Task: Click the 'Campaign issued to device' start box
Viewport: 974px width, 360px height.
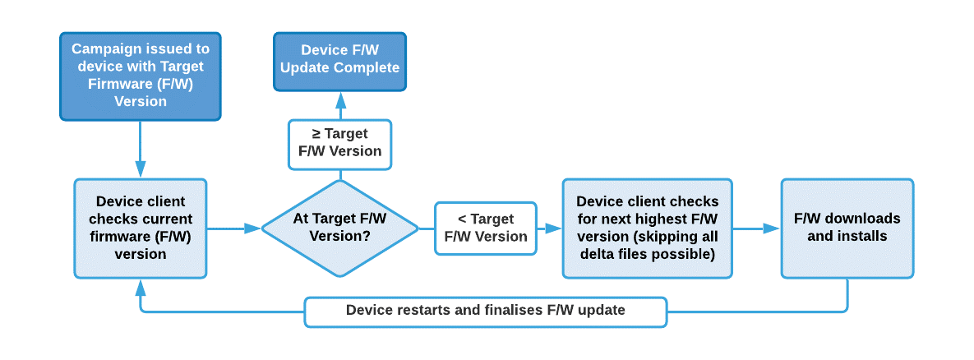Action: (141, 76)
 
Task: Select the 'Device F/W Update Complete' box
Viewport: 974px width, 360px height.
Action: (339, 59)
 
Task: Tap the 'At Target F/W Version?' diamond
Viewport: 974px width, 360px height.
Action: (339, 228)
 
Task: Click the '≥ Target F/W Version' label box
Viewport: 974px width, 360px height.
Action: (339, 144)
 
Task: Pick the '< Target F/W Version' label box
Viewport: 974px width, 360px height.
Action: (485, 228)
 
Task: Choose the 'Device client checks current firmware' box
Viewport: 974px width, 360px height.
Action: (141, 228)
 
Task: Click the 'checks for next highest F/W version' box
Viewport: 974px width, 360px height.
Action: (647, 228)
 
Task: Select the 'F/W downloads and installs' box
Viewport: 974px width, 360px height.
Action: (847, 228)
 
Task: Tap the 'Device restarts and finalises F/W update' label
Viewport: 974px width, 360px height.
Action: (485, 311)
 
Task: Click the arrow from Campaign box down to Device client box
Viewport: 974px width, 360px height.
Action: (141, 150)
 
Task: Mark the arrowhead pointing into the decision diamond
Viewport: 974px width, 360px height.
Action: (253, 228)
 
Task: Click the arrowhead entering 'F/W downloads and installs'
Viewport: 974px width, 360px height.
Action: (772, 228)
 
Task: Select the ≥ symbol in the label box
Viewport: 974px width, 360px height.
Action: (316, 133)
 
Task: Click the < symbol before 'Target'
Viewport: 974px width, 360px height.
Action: (462, 219)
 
